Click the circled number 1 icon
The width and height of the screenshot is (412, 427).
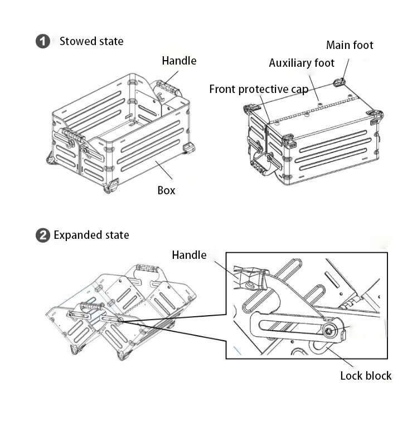pyautogui.click(x=42, y=41)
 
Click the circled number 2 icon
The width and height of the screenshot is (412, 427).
pyautogui.click(x=42, y=235)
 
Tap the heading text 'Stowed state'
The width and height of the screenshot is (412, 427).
pyautogui.click(x=91, y=41)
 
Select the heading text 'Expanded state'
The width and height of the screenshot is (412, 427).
pyautogui.click(x=91, y=235)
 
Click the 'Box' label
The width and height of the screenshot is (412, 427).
pyautogui.click(x=166, y=190)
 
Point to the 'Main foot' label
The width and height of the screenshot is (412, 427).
pyautogui.click(x=350, y=45)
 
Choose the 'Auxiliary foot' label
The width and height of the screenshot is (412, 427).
pyautogui.click(x=302, y=63)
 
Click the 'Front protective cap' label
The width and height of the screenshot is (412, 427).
pyautogui.click(x=259, y=89)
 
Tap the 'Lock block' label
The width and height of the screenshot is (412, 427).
pyautogui.click(x=366, y=376)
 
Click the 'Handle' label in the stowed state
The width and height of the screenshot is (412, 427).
pyautogui.click(x=179, y=61)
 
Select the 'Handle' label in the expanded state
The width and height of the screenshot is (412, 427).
pyautogui.click(x=189, y=255)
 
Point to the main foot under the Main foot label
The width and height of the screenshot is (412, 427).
pyautogui.click(x=339, y=83)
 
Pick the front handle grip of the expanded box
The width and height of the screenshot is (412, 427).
pyautogui.click(x=91, y=306)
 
